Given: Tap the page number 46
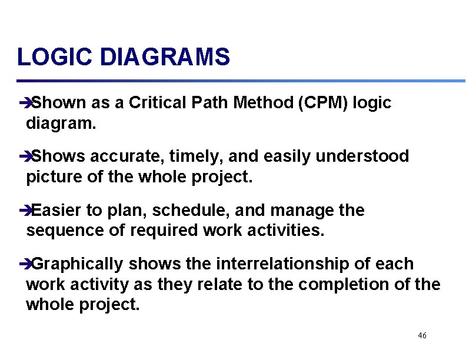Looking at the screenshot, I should click(422, 335).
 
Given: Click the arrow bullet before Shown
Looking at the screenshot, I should click(24, 104).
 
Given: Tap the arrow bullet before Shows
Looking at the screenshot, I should click(24, 157).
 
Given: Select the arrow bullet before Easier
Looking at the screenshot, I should click(24, 211).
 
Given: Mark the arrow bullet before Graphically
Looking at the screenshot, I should click(24, 265).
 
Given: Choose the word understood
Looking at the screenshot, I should click(362, 156).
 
